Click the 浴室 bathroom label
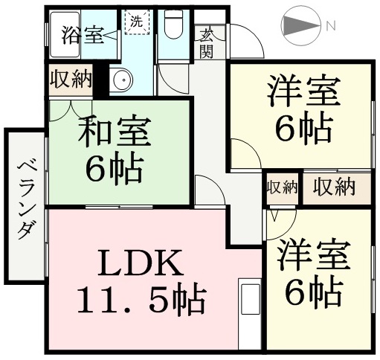[x=82, y=35]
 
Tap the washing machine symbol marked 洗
[x=137, y=22]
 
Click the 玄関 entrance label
[x=206, y=42]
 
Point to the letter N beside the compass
[x=331, y=25]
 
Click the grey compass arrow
[x=301, y=25]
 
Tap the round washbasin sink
[x=123, y=80]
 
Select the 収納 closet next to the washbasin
[x=71, y=80]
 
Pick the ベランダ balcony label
[x=26, y=200]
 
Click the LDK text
[x=141, y=263]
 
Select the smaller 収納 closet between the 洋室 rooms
[x=282, y=187]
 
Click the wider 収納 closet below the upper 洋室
[x=334, y=187]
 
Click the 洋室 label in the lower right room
[x=314, y=255]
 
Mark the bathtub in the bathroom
[x=65, y=35]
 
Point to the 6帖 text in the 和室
[x=115, y=170]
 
